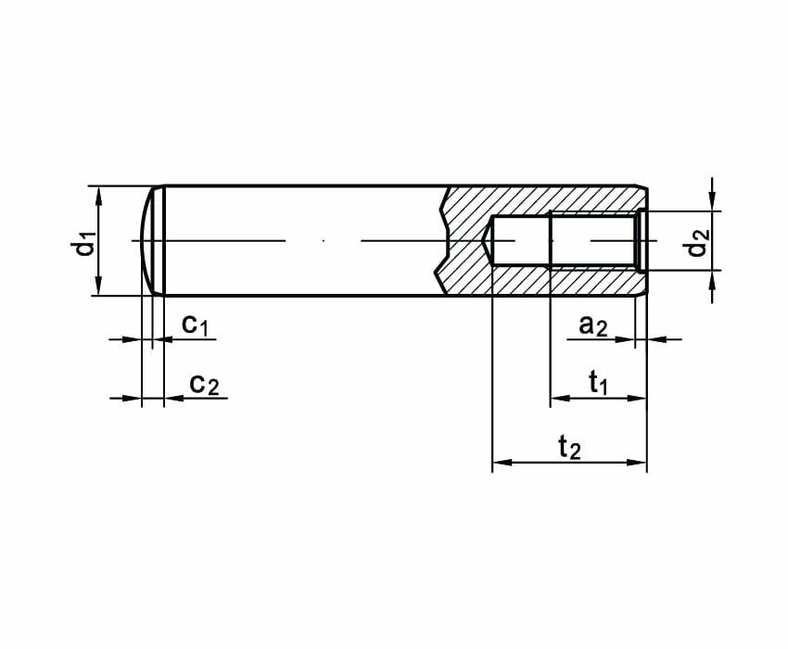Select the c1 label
(x=195, y=324)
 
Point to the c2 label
(x=204, y=385)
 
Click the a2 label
(x=593, y=325)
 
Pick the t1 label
(x=598, y=383)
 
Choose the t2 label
(x=570, y=447)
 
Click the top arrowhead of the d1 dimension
(x=98, y=195)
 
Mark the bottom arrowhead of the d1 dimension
(x=98, y=286)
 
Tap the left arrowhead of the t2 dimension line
(x=502, y=462)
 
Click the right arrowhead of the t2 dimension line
(x=636, y=462)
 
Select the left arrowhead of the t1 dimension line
(x=560, y=398)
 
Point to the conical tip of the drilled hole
(x=487, y=241)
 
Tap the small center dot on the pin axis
(x=324, y=241)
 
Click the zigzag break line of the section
(x=440, y=241)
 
